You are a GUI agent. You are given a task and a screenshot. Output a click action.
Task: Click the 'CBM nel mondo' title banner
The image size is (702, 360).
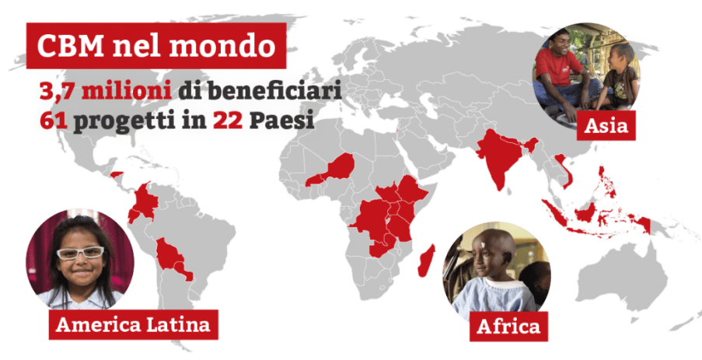(x=156, y=47)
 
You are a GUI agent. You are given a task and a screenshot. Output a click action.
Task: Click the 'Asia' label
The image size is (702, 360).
(x=606, y=125)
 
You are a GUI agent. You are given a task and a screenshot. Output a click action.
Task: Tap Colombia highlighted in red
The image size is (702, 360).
(x=143, y=204)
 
